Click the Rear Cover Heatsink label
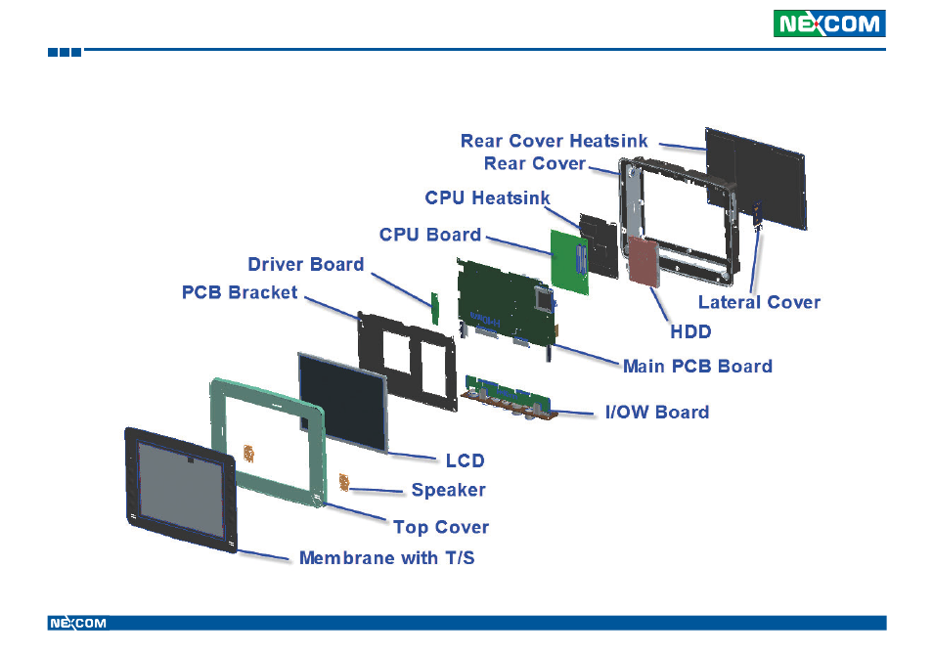click(554, 141)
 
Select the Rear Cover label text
click(534, 163)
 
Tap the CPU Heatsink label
click(486, 198)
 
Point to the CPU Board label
click(430, 235)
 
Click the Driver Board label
click(305, 264)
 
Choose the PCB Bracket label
click(240, 291)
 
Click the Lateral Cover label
click(759, 301)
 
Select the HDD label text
click(690, 331)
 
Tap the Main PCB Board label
click(697, 366)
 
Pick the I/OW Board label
click(656, 412)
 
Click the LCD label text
click(466, 459)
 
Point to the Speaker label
click(448, 490)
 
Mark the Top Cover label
click(440, 527)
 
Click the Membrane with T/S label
click(386, 558)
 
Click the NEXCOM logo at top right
click(829, 23)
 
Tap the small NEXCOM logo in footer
click(77, 623)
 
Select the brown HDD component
click(644, 260)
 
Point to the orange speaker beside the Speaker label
click(344, 482)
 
